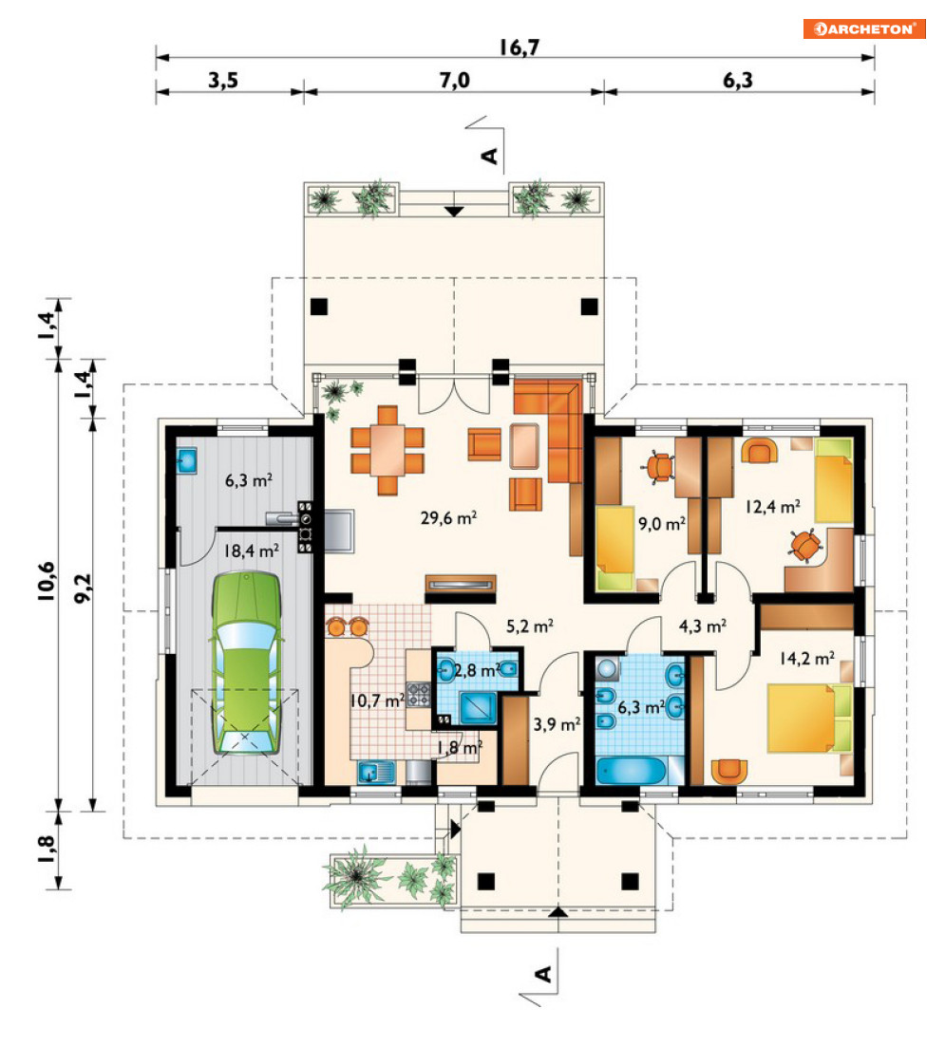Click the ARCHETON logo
tap(864, 28)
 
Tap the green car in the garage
tap(246, 663)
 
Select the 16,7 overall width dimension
tap(520, 47)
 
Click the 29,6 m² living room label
tap(448, 517)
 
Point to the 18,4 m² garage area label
tap(251, 551)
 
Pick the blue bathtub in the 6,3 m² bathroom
tap(631, 771)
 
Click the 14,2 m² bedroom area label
tap(807, 659)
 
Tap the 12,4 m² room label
tap(773, 507)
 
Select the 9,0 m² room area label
tap(662, 524)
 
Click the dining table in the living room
tap(387, 450)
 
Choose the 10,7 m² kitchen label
tap(377, 700)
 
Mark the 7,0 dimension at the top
tap(455, 80)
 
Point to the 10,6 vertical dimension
tap(47, 582)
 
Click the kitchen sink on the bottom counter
tap(376, 773)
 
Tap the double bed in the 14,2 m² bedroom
tap(809, 718)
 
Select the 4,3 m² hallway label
tap(703, 626)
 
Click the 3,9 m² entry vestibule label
tap(557, 724)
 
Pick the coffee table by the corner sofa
tap(524, 445)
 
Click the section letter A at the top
tap(490, 156)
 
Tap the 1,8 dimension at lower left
tap(47, 850)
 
